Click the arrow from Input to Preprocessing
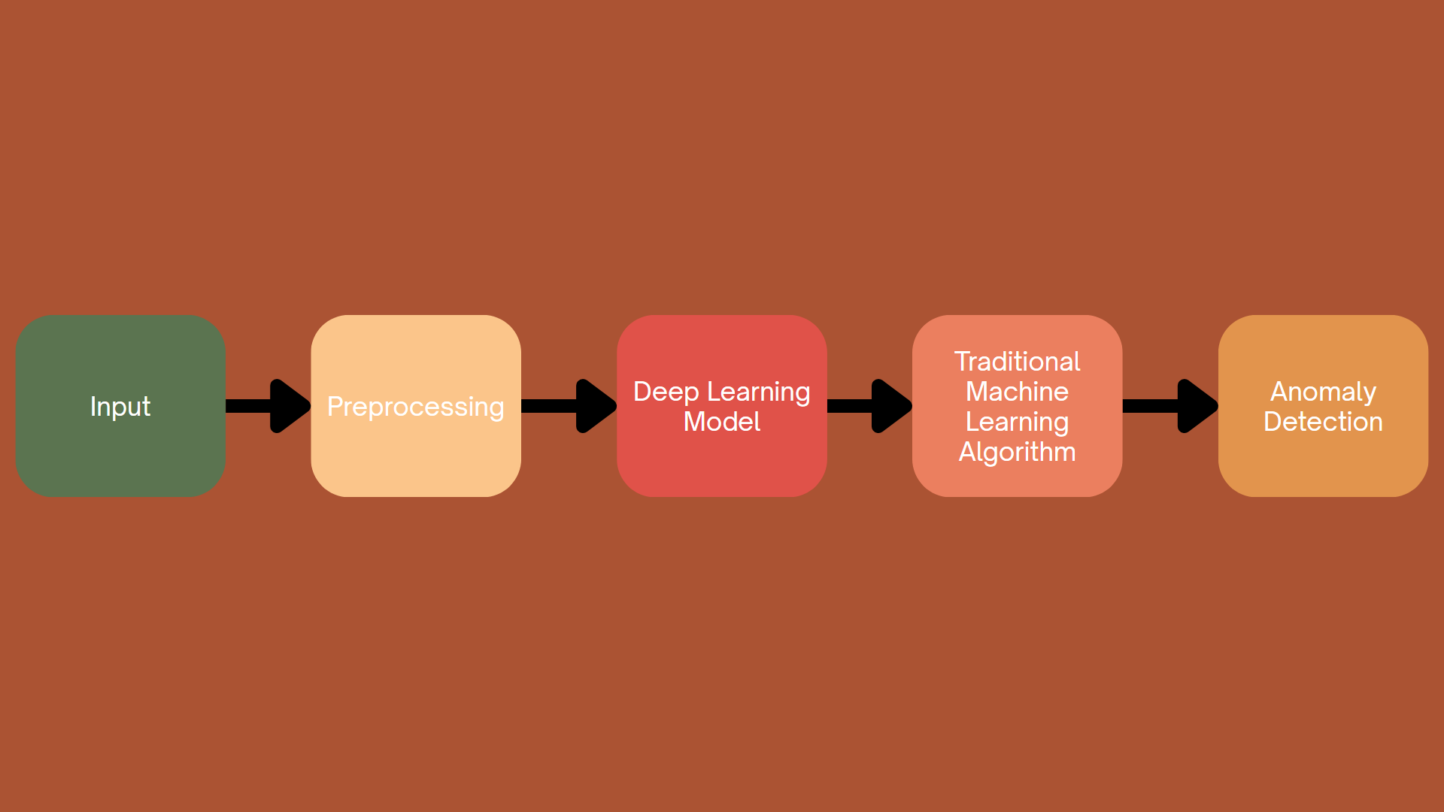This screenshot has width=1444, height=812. [x=268, y=406]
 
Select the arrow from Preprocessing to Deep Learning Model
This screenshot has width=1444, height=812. [x=569, y=406]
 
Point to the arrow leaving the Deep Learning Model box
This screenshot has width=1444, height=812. [x=870, y=406]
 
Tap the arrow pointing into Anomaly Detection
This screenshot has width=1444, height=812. [x=1170, y=406]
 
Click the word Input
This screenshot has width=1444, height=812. [x=120, y=407]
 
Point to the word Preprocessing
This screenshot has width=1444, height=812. [x=416, y=407]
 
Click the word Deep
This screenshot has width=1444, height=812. [x=666, y=392]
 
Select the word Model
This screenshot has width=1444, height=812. [x=722, y=422]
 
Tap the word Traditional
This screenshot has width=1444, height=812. [x=1017, y=362]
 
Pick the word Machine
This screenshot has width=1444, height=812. [x=1017, y=392]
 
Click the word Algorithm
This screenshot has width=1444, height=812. [x=1017, y=452]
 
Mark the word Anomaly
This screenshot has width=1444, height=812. [x=1323, y=392]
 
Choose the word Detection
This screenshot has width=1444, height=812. [x=1323, y=422]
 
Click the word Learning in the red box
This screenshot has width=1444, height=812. [x=759, y=392]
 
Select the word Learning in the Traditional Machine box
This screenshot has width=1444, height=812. [x=1017, y=422]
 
